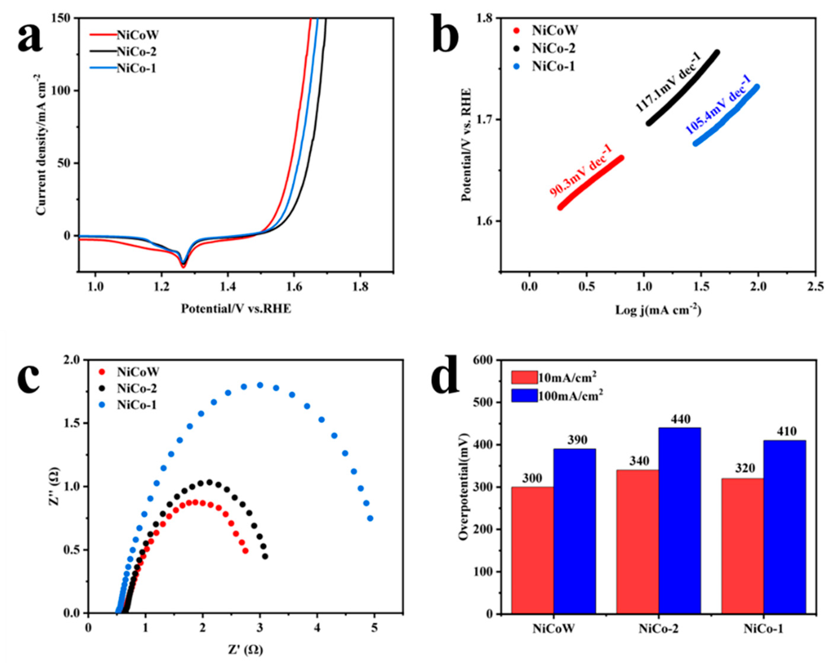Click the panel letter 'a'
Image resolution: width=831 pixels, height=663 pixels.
click(x=30, y=36)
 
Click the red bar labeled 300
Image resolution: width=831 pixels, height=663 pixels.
click(x=532, y=549)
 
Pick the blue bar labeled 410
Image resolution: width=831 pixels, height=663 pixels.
click(x=784, y=526)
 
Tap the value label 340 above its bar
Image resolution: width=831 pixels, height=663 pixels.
click(x=637, y=461)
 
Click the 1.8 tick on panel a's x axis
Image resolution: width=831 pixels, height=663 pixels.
click(x=360, y=287)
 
